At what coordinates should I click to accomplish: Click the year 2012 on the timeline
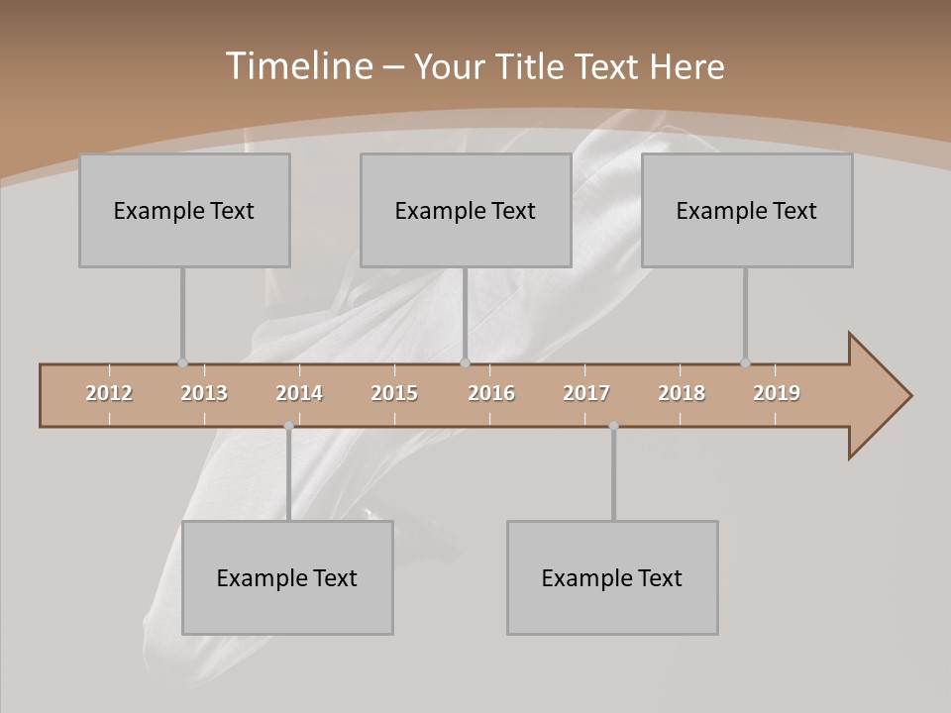109,393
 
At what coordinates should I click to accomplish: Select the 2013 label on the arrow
204,393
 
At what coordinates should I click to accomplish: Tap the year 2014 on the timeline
299,393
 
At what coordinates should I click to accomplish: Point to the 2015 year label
394,393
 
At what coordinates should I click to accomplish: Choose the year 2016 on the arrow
491,393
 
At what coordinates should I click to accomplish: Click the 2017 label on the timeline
586,393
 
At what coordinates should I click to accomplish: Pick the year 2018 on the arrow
682,393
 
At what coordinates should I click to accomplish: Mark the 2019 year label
777,393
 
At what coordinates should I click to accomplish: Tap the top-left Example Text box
184,210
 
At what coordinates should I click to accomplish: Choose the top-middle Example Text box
466,210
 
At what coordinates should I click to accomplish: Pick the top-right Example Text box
747,210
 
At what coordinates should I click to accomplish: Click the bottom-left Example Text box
287,577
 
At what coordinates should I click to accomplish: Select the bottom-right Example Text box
612,577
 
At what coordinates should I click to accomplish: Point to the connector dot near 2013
182,363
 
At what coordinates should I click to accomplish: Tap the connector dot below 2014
288,426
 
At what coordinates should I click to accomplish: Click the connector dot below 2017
613,426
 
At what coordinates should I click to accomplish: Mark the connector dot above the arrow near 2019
745,363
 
